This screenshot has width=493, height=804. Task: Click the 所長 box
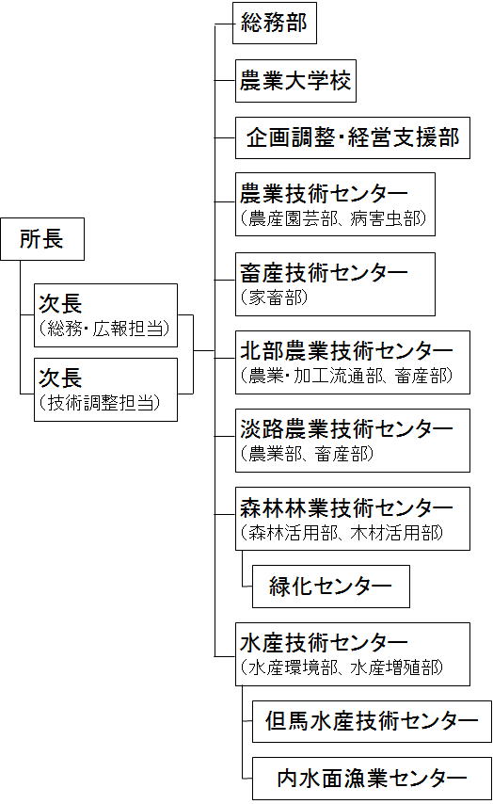coord(42,239)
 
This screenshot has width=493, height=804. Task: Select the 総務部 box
coord(274,24)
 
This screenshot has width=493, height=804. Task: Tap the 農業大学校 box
coord(295,81)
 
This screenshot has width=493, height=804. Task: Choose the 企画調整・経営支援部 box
coord(353,137)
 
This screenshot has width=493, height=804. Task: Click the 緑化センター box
coord(330,587)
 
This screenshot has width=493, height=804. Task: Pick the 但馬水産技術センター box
coord(372,720)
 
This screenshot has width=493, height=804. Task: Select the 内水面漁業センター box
coord(372,778)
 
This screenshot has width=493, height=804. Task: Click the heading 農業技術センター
coord(324,194)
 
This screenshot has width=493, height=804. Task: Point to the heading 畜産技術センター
coord(324,272)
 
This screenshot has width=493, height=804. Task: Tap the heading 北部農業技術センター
coord(346,351)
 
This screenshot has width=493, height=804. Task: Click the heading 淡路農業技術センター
coord(346,428)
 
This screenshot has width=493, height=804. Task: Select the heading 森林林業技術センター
coord(346,507)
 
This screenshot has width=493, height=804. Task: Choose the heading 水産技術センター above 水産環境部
coord(324,642)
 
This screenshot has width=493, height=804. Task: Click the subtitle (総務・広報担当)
coord(104,328)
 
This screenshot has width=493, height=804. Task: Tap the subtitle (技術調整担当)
coord(100,403)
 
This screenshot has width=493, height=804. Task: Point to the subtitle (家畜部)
coord(274,297)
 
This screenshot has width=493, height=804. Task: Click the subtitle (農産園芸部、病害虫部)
coord(333,219)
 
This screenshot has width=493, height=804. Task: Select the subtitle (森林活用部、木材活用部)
coord(342,533)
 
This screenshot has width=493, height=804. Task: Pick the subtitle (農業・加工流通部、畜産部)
coord(346,376)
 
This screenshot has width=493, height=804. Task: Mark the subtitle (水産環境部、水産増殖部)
coord(342,667)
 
